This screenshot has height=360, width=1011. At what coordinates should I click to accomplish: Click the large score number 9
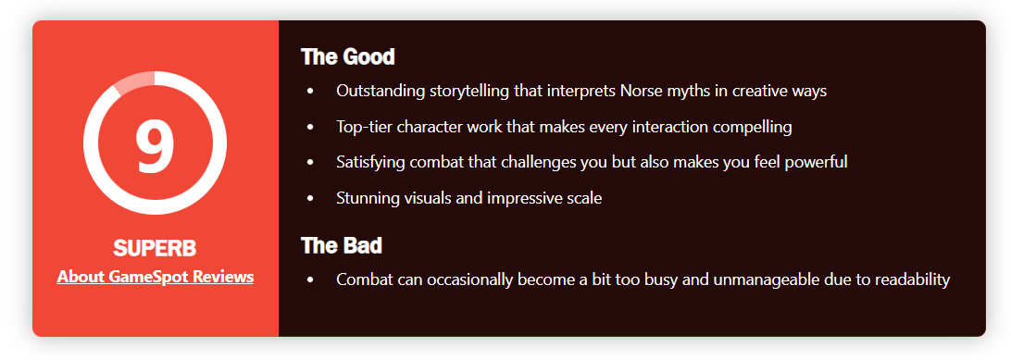[155, 145]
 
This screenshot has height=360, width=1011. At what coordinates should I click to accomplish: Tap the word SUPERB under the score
[155, 248]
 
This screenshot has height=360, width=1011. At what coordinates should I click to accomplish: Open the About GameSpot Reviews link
[155, 277]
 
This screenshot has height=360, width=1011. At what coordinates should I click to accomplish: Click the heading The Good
[347, 56]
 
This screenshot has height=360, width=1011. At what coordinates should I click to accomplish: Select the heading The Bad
[341, 245]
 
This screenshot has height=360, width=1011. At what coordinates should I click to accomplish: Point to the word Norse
[640, 91]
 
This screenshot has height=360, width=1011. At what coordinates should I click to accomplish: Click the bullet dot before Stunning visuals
[311, 199]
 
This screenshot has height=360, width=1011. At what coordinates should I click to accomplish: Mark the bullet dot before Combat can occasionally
[311, 280]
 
